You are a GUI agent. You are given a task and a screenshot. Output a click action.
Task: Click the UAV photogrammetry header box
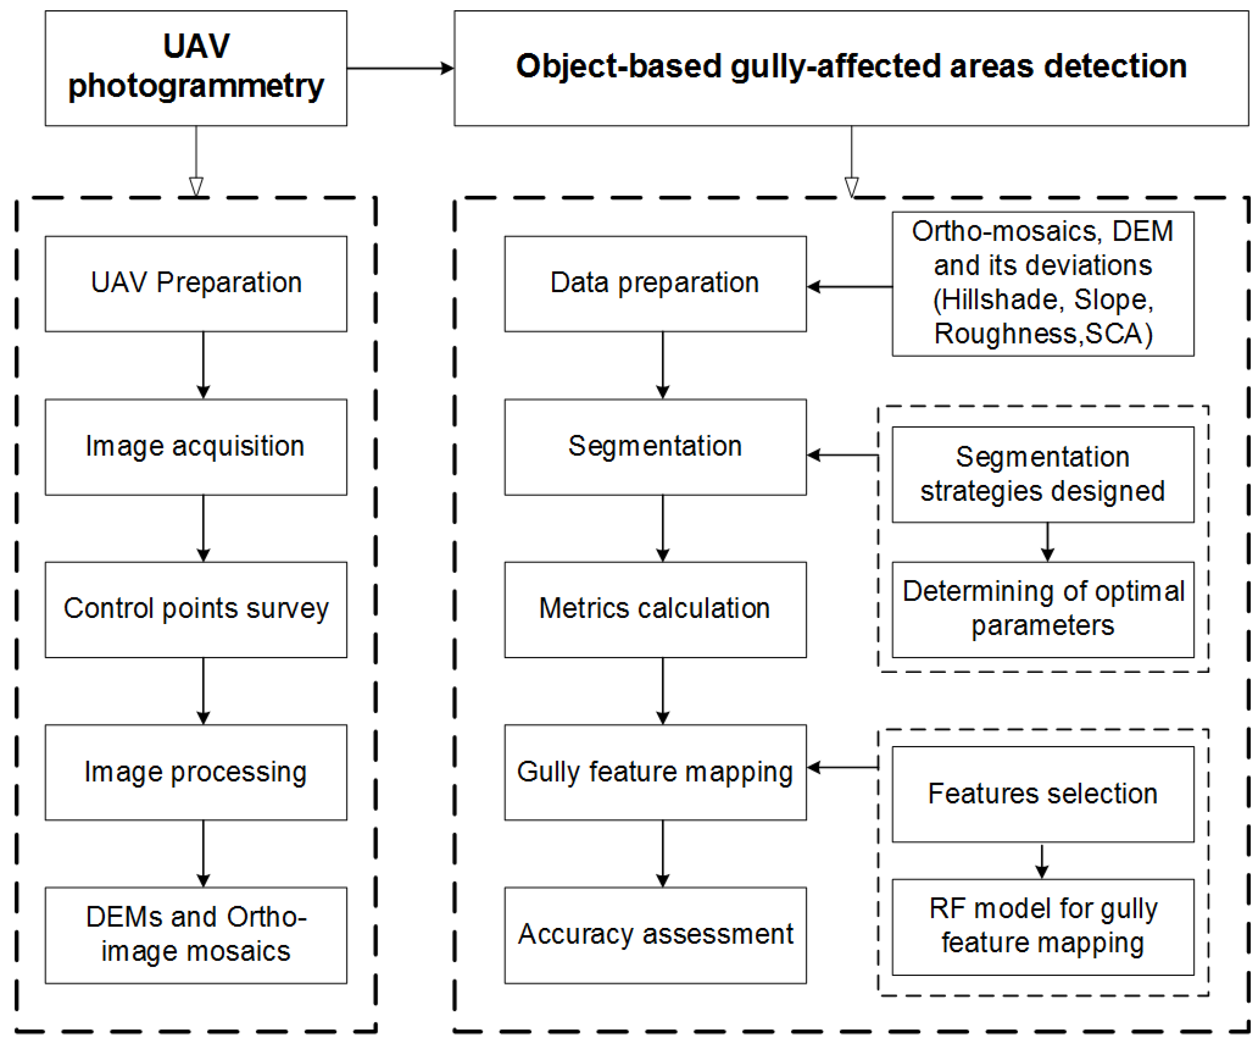click(x=196, y=68)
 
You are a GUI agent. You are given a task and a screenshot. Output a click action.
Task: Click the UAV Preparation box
click(x=196, y=283)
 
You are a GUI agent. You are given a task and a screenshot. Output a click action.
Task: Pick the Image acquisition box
click(x=196, y=447)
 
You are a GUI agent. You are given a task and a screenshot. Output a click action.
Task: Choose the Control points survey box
click(x=196, y=609)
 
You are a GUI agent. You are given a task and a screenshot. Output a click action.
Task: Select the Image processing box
click(x=196, y=772)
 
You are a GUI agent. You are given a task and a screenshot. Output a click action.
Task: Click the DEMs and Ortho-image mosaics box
click(x=196, y=935)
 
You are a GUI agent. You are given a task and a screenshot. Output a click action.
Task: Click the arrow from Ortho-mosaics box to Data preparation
click(x=849, y=287)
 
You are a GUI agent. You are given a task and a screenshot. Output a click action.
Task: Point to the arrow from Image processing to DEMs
click(x=203, y=853)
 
